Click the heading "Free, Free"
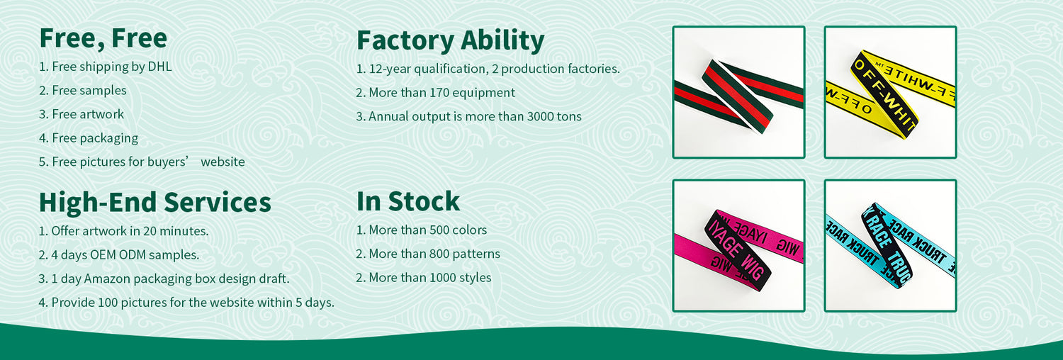[x=103, y=38]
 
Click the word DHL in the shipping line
[x=159, y=67]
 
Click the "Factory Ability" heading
[x=450, y=41]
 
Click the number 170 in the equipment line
[x=439, y=93]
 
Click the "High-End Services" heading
[x=155, y=203]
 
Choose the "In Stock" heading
[x=408, y=201]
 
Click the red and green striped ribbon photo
[x=738, y=92]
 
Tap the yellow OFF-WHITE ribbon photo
[x=890, y=92]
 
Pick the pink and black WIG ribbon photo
[x=738, y=246]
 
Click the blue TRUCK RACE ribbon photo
[x=890, y=246]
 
